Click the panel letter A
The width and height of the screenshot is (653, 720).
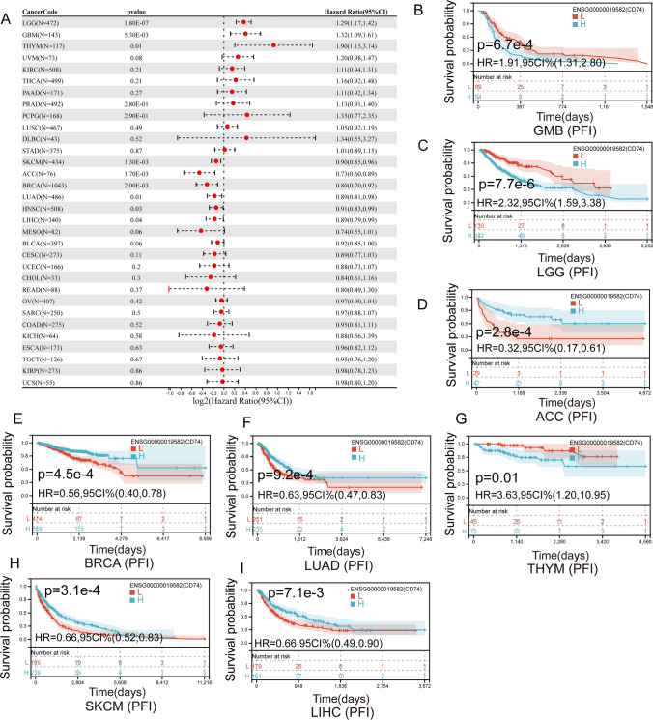(x=7, y=9)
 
